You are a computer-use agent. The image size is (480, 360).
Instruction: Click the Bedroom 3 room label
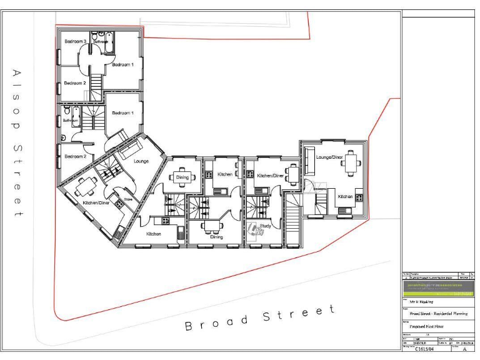click(x=75, y=41)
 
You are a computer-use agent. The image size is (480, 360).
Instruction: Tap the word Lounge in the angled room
click(x=141, y=161)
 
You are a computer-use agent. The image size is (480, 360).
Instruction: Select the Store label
click(x=127, y=199)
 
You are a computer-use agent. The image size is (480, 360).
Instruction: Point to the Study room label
click(x=265, y=227)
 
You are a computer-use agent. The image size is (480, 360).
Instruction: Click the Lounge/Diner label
click(x=329, y=157)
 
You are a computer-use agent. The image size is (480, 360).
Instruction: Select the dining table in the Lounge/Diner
click(x=353, y=164)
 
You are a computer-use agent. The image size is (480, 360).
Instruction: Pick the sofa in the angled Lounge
click(x=131, y=149)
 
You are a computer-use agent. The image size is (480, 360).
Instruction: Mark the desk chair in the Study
click(x=253, y=228)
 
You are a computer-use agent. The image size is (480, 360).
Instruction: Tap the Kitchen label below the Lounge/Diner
click(x=346, y=196)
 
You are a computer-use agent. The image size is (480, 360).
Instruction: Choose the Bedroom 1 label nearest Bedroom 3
click(x=122, y=64)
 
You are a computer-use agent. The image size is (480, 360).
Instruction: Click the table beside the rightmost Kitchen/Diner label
click(x=293, y=171)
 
